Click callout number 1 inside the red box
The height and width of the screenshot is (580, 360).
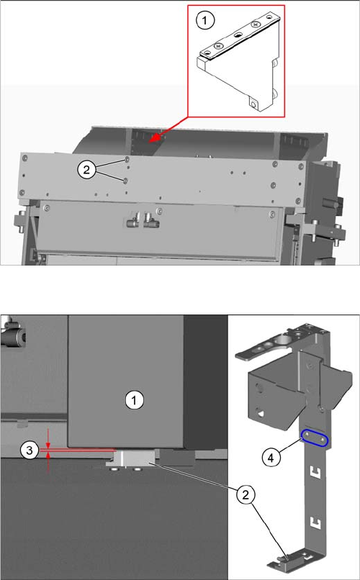[x=204, y=20]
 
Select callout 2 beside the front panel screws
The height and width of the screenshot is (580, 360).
[x=86, y=170]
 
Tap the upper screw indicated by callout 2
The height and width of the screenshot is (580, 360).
[x=127, y=160]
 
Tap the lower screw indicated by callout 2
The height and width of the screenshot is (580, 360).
[x=125, y=180]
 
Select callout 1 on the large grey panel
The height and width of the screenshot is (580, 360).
[x=135, y=400]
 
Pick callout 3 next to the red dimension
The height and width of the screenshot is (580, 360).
[x=30, y=450]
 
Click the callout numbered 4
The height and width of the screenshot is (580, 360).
[x=271, y=458]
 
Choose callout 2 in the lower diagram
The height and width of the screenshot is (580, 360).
[x=246, y=494]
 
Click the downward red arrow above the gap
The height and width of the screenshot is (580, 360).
[x=48, y=439]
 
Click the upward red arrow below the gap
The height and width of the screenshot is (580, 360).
[x=48, y=463]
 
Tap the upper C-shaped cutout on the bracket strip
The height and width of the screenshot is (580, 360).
[x=316, y=472]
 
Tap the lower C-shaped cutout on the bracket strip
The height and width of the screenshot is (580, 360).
[x=316, y=522]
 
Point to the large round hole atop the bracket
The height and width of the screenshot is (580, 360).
[x=284, y=339]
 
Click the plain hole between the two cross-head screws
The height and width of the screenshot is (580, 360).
[x=238, y=35]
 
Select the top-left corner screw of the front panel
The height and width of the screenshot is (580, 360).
[x=24, y=158]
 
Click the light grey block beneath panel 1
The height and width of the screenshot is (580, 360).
[x=132, y=458]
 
